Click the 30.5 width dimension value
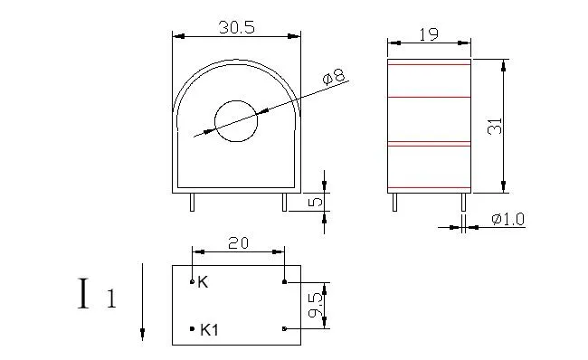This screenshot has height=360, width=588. point(236,28)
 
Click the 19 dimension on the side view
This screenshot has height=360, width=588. point(430,36)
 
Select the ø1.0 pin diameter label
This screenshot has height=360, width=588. point(507,219)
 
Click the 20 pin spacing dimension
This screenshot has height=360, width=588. point(238,243)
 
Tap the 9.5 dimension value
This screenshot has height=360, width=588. point(313,306)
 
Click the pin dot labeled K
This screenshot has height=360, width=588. point(192,282)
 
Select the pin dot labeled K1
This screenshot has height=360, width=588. point(192,329)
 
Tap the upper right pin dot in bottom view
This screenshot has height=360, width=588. point(285,282)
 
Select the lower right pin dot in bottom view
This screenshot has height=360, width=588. point(285,329)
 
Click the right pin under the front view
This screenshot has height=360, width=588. point(284,201)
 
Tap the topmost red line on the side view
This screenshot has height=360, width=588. point(430,66)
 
